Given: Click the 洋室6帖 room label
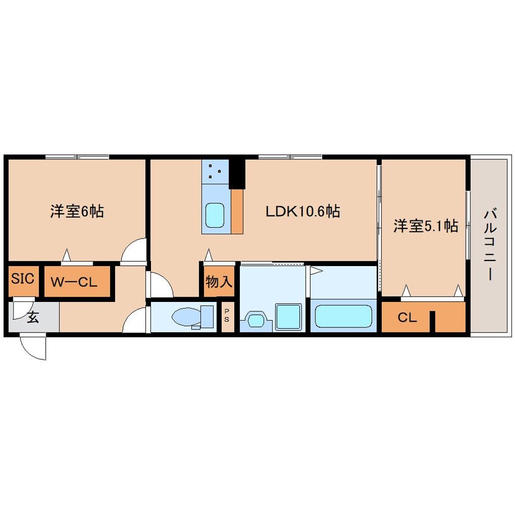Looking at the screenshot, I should click(77, 212).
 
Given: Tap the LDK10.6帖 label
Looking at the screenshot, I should click(302, 212).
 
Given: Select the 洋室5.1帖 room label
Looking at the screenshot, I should click(425, 226).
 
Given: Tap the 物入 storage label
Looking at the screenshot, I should click(219, 282).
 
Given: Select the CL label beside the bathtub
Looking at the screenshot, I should click(407, 317).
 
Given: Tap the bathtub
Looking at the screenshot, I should click(345, 317).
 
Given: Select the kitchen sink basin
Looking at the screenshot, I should click(215, 215).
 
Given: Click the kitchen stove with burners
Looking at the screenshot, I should click(215, 171).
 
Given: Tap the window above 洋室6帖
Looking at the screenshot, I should click(77, 157).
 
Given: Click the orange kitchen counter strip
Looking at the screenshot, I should click(237, 211).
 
